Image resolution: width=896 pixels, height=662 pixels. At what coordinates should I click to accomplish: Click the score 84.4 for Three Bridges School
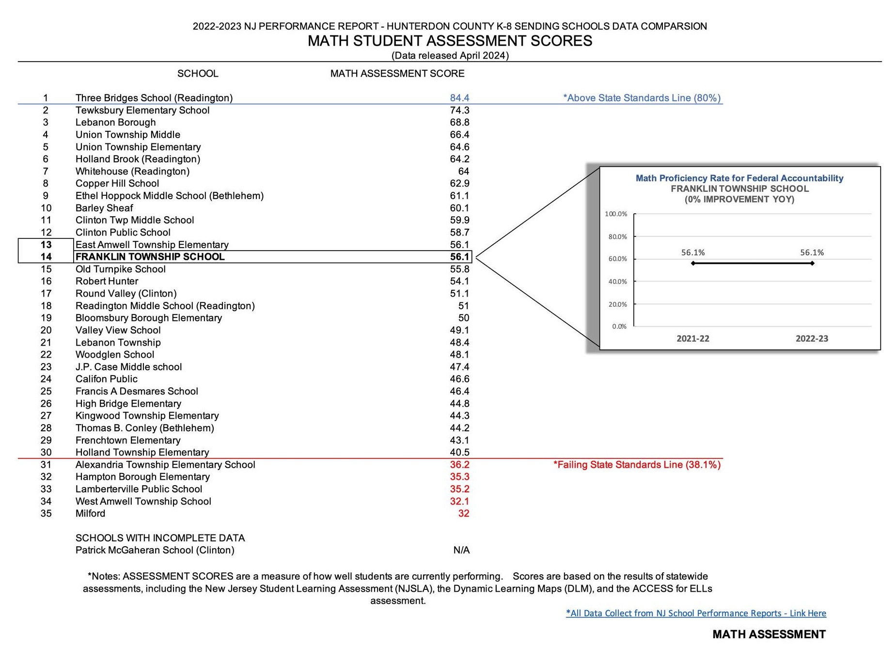459,98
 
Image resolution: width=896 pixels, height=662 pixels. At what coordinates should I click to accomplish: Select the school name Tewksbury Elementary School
142,110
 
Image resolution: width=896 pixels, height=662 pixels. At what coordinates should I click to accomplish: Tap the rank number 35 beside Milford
46,513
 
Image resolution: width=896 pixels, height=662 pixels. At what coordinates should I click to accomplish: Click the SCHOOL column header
198,74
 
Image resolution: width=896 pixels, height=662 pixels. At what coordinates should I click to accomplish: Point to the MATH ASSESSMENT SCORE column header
397,74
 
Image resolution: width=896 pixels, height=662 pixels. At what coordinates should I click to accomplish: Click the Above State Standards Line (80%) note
642,98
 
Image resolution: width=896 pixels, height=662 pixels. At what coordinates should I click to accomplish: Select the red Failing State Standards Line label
637,465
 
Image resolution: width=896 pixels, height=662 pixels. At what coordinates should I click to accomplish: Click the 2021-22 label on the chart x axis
692,339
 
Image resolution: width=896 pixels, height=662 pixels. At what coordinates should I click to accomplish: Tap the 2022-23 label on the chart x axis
812,339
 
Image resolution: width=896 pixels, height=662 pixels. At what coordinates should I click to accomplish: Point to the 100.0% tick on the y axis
616,214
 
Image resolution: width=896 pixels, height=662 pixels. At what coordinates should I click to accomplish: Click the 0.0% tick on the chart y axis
619,327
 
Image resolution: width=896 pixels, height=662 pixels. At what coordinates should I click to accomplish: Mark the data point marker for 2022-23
812,264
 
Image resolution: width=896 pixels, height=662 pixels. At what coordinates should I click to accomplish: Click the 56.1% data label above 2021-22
693,252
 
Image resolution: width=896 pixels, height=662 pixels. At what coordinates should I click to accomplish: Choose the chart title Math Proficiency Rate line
739,178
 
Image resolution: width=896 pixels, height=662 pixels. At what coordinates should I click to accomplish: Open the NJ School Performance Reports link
696,613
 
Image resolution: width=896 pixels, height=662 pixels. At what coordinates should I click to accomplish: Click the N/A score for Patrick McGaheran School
461,550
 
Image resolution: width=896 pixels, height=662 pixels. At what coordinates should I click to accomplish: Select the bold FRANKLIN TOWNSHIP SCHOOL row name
150,257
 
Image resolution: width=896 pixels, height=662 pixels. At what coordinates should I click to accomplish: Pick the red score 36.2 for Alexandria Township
459,465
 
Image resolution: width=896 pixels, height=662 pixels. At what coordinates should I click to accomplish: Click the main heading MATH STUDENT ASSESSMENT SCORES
450,41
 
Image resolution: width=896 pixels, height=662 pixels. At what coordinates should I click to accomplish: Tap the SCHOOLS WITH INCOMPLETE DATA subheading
160,538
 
